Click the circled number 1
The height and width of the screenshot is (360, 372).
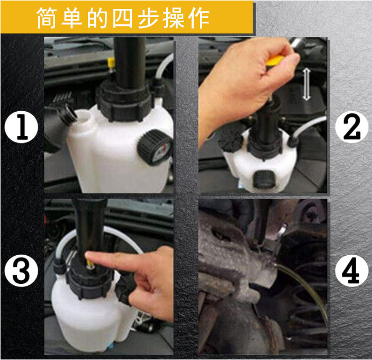pyautogui.click(x=22, y=129)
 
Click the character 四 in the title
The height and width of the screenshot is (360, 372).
pyautogui.click(x=124, y=19)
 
